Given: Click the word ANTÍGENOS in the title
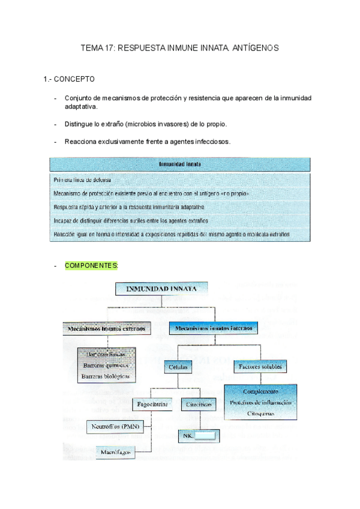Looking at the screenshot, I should pyautogui.click(x=256, y=47).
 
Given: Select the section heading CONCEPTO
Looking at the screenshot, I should pyautogui.click(x=74, y=79).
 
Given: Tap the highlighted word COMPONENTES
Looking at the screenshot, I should pyautogui.click(x=91, y=265).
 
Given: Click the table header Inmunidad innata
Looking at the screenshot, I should pyautogui.click(x=179, y=163).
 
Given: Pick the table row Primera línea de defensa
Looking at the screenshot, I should pyautogui.click(x=82, y=179).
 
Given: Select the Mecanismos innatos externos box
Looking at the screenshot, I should pyautogui.click(x=106, y=328).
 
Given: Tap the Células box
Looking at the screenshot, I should pyautogui.click(x=178, y=366).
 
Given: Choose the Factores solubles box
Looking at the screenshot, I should pyautogui.click(x=259, y=366).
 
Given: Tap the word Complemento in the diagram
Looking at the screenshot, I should pyautogui.click(x=260, y=391).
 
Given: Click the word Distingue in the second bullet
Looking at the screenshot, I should pyautogui.click(x=80, y=124).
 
